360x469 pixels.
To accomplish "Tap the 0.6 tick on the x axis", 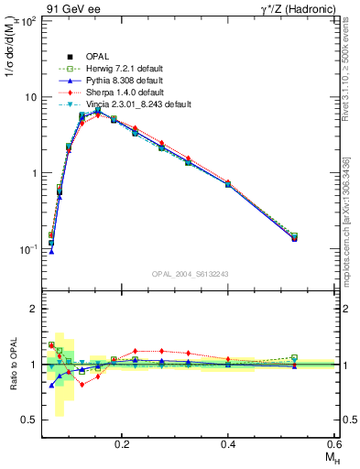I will coord(335,443).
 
